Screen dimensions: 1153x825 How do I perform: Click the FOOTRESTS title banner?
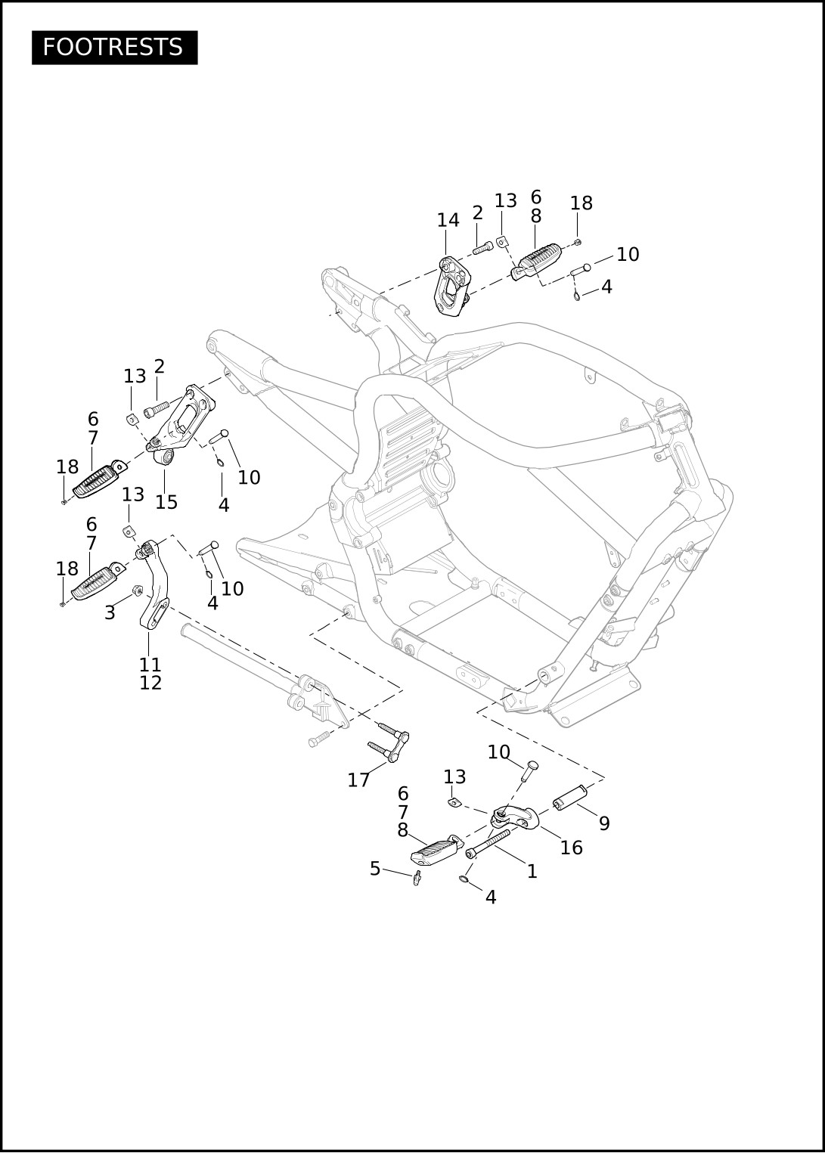[x=114, y=48]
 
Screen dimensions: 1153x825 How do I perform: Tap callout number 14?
[x=448, y=220]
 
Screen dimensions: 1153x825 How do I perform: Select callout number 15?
[x=166, y=502]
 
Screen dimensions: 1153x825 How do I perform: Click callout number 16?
[x=571, y=848]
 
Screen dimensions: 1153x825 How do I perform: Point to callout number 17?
[x=358, y=780]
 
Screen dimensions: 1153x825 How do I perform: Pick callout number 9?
[x=604, y=823]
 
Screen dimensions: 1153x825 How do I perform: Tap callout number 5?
[x=375, y=869]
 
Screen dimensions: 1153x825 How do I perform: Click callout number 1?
[x=532, y=871]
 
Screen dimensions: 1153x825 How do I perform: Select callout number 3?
[x=110, y=612]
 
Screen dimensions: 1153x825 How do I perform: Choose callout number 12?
[x=150, y=683]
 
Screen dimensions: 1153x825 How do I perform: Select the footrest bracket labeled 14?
[x=451, y=286]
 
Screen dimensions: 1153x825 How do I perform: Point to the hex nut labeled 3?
[x=138, y=590]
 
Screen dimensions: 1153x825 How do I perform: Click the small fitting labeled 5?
[x=417, y=878]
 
